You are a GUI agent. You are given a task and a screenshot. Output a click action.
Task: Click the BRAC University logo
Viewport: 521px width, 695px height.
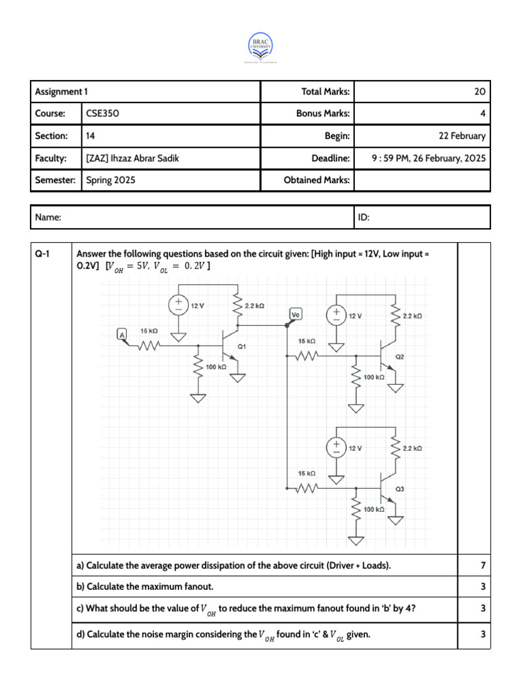click(260, 45)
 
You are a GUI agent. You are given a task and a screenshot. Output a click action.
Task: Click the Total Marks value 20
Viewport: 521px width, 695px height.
click(479, 92)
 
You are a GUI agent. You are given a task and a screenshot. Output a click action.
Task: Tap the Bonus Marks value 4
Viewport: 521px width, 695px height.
click(482, 113)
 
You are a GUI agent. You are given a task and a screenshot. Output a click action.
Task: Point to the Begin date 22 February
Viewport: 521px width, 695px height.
click(462, 136)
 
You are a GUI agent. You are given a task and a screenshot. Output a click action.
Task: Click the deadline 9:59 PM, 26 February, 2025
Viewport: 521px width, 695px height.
click(429, 158)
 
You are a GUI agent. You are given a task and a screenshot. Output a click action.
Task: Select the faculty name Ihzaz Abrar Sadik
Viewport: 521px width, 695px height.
click(133, 158)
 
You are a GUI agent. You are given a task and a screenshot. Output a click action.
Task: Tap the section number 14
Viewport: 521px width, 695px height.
click(91, 136)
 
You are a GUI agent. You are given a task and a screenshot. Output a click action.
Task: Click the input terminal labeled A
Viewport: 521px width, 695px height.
click(122, 334)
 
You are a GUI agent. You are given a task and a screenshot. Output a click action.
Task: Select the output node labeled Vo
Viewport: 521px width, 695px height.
click(296, 314)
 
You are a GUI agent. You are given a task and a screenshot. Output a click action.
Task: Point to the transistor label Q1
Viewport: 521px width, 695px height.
click(241, 346)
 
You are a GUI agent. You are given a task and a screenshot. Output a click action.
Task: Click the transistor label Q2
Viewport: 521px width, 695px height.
click(399, 356)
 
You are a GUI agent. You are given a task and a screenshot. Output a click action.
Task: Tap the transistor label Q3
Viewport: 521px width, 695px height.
click(399, 489)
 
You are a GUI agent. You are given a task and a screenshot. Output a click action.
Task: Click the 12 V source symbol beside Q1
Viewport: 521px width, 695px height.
click(179, 305)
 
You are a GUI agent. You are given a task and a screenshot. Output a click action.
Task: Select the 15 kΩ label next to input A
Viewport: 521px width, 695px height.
click(149, 331)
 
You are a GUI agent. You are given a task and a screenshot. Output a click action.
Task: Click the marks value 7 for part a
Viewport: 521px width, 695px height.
click(482, 565)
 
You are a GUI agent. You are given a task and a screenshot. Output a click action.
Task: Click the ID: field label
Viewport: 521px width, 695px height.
click(364, 218)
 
